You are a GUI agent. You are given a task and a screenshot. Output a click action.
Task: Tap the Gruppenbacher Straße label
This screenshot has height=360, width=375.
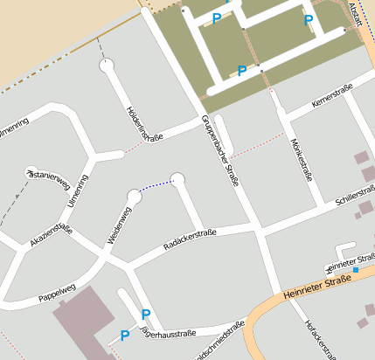[221, 149]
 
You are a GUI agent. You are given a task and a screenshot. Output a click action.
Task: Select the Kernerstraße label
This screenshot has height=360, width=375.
[337, 100]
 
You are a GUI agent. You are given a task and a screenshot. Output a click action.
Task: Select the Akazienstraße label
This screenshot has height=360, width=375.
[50, 236]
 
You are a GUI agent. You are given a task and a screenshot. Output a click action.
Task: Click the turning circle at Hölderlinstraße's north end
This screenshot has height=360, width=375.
[107, 66]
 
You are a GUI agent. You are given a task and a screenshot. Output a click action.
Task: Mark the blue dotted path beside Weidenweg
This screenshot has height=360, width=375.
[156, 185]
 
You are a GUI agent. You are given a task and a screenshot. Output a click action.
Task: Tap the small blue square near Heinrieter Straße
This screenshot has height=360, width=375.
[356, 270]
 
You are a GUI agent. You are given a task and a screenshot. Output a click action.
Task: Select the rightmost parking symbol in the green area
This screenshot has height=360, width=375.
[308, 20]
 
